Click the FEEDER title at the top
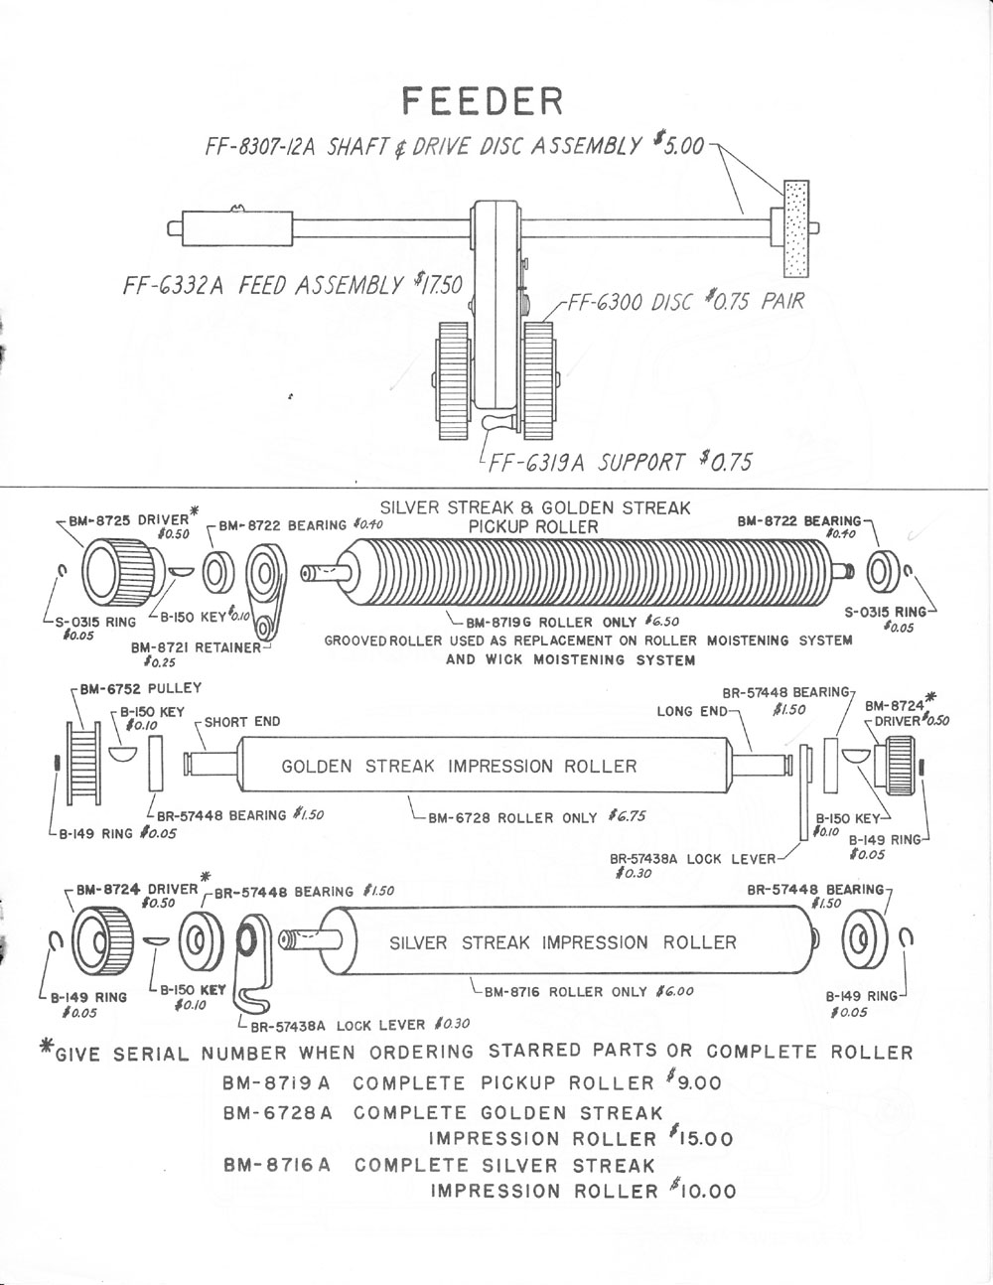coord(483,101)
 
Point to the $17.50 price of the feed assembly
coord(439,285)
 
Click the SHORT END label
coord(242,722)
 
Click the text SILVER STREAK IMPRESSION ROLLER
coord(563,942)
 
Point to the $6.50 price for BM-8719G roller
coord(660,622)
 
